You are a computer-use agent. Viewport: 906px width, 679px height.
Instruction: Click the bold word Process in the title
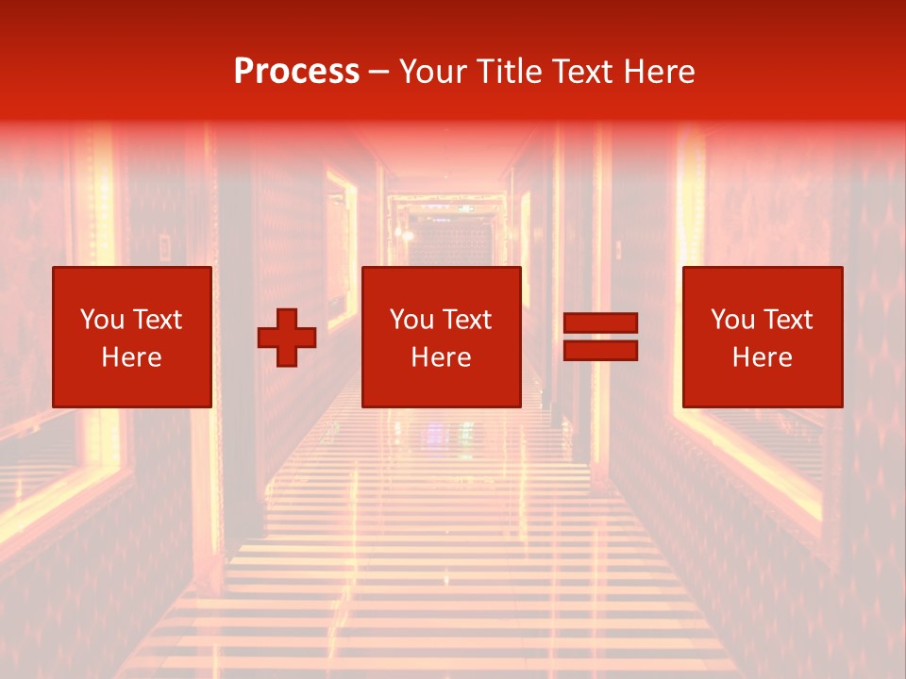[296, 72]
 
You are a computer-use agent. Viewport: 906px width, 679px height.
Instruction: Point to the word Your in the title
[432, 72]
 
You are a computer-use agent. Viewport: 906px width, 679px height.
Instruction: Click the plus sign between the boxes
[287, 337]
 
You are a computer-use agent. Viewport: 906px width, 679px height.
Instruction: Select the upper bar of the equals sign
[600, 323]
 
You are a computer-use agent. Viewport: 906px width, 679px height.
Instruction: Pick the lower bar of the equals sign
[600, 351]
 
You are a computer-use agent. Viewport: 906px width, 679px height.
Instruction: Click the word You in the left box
[101, 320]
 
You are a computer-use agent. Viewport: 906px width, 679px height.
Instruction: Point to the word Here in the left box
[131, 357]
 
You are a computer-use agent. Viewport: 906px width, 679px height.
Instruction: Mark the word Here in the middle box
[441, 357]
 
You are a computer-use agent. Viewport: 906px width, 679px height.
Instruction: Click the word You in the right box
[731, 320]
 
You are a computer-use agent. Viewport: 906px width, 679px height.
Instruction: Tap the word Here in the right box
[762, 357]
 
